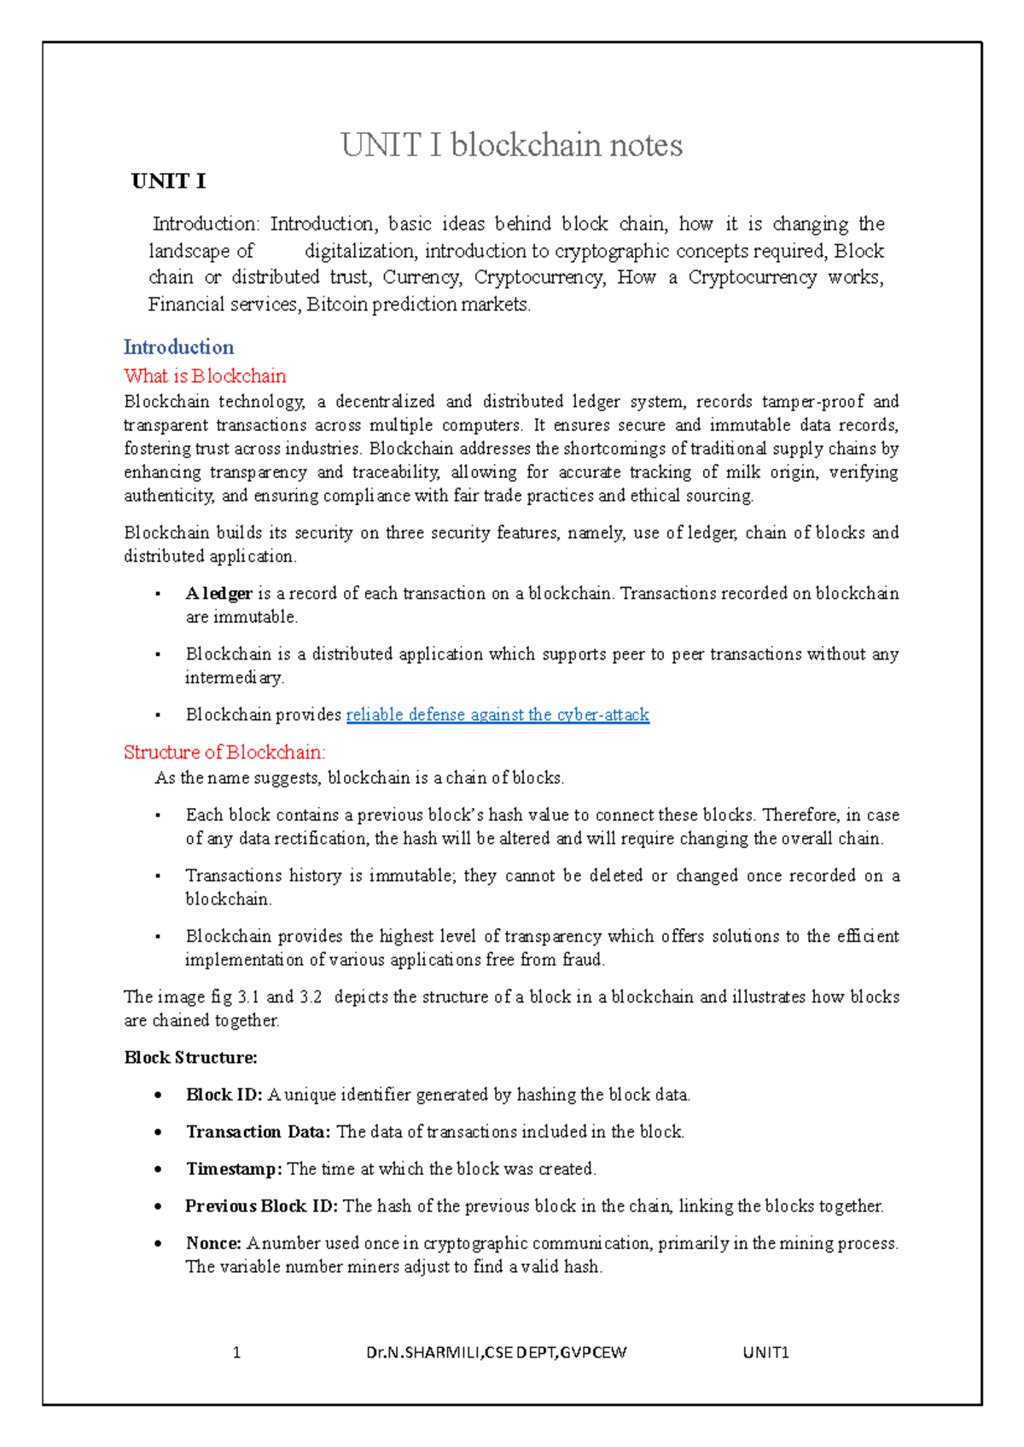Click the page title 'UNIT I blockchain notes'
(x=511, y=145)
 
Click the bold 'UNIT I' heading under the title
(x=168, y=181)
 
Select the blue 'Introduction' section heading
(x=178, y=347)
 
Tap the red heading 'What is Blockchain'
(x=205, y=376)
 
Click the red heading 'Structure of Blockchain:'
(x=224, y=753)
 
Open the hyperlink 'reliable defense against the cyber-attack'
(x=497, y=715)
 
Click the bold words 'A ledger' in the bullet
(x=218, y=594)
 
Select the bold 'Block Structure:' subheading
(x=190, y=1058)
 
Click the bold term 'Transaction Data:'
(x=258, y=1132)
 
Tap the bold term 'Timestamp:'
(x=234, y=1169)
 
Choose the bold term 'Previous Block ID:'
(x=261, y=1206)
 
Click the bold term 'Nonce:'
(x=213, y=1244)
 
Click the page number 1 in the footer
(x=236, y=1352)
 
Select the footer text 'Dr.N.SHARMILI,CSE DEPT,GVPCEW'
(x=496, y=1352)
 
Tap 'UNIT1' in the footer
(x=765, y=1352)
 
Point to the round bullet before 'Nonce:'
(x=158, y=1244)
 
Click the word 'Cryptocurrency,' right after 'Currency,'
(x=539, y=277)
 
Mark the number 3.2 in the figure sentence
(x=311, y=997)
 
